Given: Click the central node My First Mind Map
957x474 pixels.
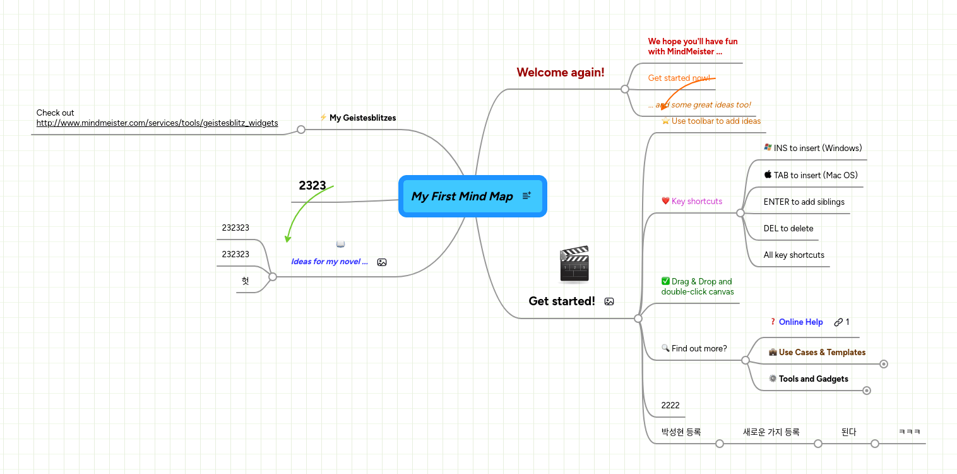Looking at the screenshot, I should tap(461, 197).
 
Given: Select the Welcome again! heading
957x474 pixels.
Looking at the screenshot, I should tap(560, 73).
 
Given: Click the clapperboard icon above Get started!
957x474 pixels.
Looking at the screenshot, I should tap(574, 264).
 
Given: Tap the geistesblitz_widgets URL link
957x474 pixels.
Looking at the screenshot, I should tap(157, 123).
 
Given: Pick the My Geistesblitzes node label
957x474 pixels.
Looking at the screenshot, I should tap(362, 118).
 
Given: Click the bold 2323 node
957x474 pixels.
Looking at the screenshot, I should tap(312, 186).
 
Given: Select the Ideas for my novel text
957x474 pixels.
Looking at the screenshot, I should tap(329, 262).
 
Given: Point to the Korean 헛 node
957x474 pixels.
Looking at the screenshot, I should tap(245, 281).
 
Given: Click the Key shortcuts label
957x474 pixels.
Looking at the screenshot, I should tap(696, 202).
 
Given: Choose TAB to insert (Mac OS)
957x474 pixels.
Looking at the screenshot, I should tap(815, 176).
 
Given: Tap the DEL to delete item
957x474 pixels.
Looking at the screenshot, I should tap(788, 229).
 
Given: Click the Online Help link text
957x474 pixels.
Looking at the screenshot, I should tap(800, 322).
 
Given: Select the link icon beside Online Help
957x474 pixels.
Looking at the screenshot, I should tap(838, 322).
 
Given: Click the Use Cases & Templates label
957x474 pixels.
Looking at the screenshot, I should tap(821, 353).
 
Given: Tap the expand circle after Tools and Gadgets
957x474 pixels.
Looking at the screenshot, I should tap(867, 391).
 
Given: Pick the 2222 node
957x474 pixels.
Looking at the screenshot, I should tap(670, 406).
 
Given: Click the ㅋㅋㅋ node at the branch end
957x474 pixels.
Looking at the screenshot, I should tap(909, 432).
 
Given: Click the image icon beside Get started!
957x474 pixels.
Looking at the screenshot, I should tap(609, 301).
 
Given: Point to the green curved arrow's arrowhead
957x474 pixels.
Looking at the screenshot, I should tap(287, 239).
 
